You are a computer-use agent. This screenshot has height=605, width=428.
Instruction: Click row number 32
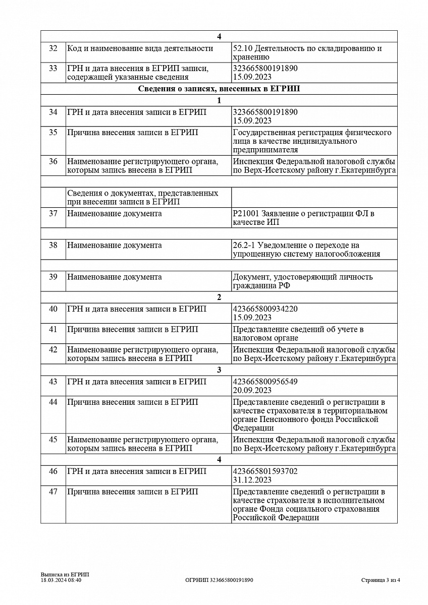[x=53, y=48]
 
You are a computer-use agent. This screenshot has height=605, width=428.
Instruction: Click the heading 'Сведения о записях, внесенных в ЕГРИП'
[x=219, y=89]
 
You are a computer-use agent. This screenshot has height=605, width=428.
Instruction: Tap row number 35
[x=53, y=133]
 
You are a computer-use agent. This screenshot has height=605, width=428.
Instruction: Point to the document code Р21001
[x=244, y=214]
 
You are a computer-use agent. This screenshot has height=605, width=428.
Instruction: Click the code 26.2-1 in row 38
[x=243, y=245]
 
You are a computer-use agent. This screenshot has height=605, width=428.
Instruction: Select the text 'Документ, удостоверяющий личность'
[x=302, y=277]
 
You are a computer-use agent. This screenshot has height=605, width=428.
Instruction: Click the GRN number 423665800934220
[x=265, y=309]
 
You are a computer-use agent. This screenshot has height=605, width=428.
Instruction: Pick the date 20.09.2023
[x=252, y=390]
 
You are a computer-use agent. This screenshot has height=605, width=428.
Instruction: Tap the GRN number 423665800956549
[x=265, y=382]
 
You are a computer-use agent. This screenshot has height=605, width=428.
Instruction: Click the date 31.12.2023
[x=252, y=480]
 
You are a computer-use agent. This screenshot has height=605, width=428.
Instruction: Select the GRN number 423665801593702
[x=265, y=471]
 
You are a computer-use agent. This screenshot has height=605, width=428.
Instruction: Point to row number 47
[x=53, y=492]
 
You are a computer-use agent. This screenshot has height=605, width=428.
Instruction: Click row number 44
[x=53, y=402]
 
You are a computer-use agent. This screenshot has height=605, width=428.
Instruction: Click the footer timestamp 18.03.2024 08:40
[x=61, y=580]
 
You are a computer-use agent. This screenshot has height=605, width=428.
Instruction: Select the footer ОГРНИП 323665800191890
[x=219, y=580]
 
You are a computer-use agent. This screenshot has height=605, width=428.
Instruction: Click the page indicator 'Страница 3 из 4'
[x=381, y=580]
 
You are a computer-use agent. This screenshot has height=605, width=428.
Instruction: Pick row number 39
[x=53, y=277]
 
